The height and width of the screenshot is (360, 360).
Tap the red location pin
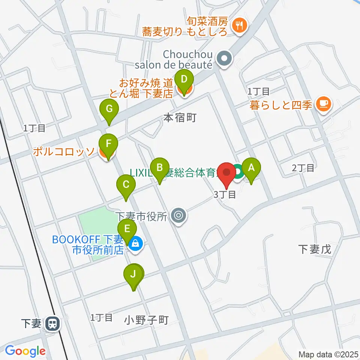(227, 173)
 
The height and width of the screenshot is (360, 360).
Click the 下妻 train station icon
(52, 324)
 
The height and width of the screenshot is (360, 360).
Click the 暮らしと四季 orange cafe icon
(323, 103)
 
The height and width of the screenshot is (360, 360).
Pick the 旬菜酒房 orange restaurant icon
(239, 25)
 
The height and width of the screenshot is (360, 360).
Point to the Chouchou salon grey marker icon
(225, 58)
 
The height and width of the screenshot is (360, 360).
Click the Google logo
(25, 351)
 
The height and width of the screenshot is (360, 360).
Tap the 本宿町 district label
(180, 118)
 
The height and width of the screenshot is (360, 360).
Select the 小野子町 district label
(147, 320)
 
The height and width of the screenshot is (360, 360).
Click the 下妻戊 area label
(315, 249)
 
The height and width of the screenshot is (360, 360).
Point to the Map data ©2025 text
(328, 354)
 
